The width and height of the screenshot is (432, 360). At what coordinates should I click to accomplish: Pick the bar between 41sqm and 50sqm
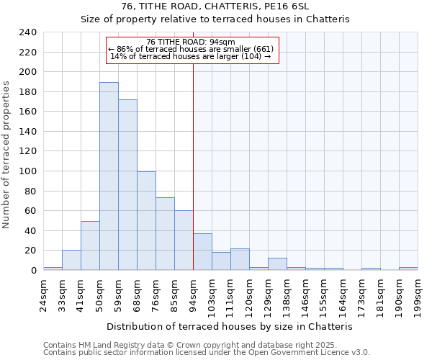(x=90, y=246)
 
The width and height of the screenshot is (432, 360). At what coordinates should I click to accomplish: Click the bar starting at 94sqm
(x=202, y=252)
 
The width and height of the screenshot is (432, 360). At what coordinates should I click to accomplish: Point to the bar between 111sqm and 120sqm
(x=240, y=259)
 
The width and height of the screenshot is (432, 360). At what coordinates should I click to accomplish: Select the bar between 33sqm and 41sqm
(x=71, y=260)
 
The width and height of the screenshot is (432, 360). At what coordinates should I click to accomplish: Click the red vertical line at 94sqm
(x=193, y=180)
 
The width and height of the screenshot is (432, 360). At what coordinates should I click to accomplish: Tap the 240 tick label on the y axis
(x=27, y=32)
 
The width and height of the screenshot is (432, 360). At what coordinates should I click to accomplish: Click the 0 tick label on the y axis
(x=33, y=271)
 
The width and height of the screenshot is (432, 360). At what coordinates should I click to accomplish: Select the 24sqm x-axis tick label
(x=43, y=291)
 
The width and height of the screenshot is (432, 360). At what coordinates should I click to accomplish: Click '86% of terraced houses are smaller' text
(x=191, y=49)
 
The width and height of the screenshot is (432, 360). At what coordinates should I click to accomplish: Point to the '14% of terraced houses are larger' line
(x=191, y=56)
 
